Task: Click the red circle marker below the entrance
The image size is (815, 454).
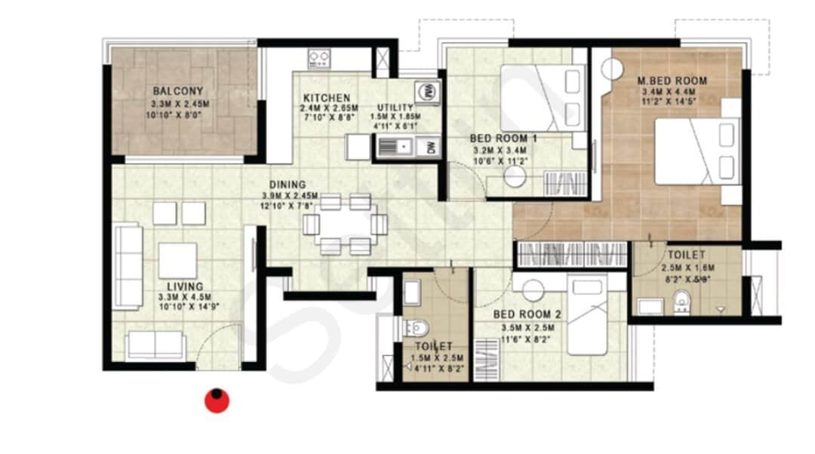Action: coord(217,400)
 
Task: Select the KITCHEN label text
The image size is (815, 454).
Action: coord(326,98)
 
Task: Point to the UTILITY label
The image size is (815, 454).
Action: coord(395,108)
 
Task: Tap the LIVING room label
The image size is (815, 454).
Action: coord(185,287)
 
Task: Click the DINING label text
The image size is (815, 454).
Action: coord(289,184)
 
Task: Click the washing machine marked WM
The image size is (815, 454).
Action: coord(426,90)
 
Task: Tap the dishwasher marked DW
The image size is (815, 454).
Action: coord(431,147)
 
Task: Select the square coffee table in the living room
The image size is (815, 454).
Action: coord(178,261)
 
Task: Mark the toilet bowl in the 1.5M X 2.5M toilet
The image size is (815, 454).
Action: coord(416,327)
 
